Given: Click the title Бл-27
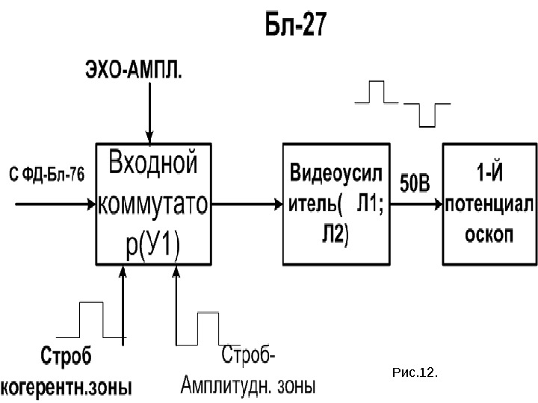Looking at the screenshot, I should (x=296, y=26).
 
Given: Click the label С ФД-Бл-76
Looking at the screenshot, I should (x=46, y=175).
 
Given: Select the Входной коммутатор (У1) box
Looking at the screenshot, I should (x=154, y=203).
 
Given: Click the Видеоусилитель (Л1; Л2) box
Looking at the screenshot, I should (x=336, y=203).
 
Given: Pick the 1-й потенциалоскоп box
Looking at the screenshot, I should (x=489, y=203).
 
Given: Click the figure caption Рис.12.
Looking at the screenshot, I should (x=414, y=371).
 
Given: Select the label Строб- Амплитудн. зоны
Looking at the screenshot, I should (x=248, y=372).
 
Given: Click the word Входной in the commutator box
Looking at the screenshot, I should (x=154, y=163).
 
